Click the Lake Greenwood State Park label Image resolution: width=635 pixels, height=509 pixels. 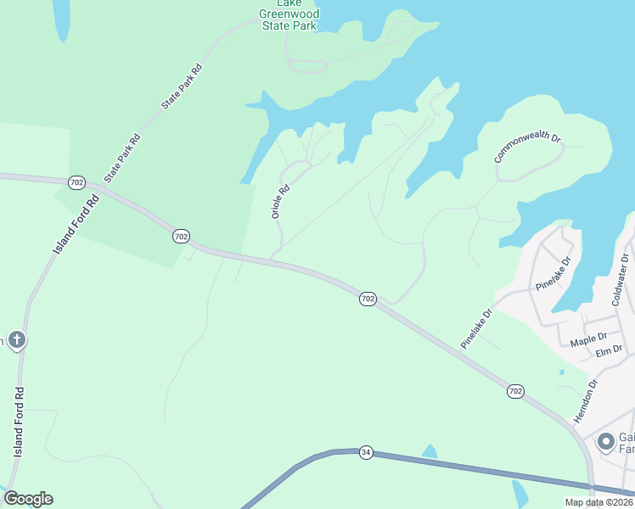coord(289,14)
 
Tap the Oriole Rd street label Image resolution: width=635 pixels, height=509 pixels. coord(281,202)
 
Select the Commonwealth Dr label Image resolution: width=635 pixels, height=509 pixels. coord(528,148)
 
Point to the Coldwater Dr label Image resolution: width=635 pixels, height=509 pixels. coord(622,279)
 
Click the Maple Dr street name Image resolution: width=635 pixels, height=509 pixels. coord(589,339)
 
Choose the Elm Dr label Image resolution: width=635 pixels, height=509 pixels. coord(610,350)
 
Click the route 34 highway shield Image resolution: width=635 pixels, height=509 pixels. coord(366,452)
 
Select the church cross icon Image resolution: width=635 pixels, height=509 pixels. coord(16,341)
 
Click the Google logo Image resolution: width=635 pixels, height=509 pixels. coord(28,499)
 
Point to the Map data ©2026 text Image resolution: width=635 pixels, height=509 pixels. coord(598,502)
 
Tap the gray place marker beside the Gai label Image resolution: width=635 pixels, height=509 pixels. coord(606,441)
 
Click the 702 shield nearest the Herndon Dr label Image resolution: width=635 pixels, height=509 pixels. coord(516,391)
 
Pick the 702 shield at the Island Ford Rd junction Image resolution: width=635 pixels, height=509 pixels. coord(76,182)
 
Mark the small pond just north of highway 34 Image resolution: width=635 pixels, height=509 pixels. coord(430,451)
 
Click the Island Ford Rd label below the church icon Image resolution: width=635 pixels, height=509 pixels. coord(19,422)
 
